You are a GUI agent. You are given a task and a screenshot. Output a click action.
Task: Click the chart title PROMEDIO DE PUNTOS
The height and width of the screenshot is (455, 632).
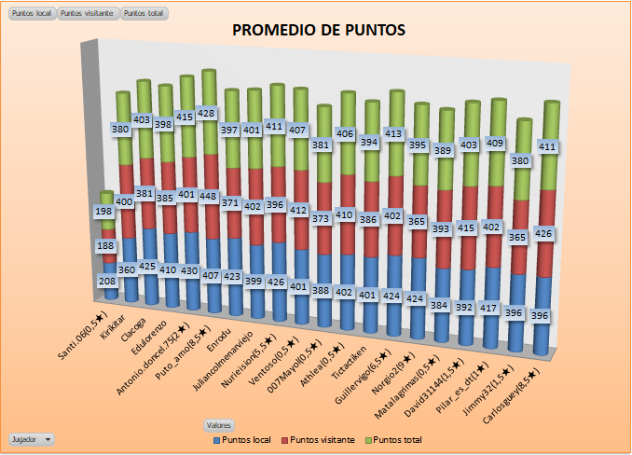pos(318,30)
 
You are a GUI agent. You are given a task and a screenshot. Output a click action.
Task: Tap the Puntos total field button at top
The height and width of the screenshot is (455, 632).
pos(144,14)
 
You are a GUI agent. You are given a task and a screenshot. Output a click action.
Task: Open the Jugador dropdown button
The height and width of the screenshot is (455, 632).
pos(31,438)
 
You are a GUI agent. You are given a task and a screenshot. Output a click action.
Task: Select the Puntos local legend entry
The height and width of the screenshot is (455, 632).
pos(245,438)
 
